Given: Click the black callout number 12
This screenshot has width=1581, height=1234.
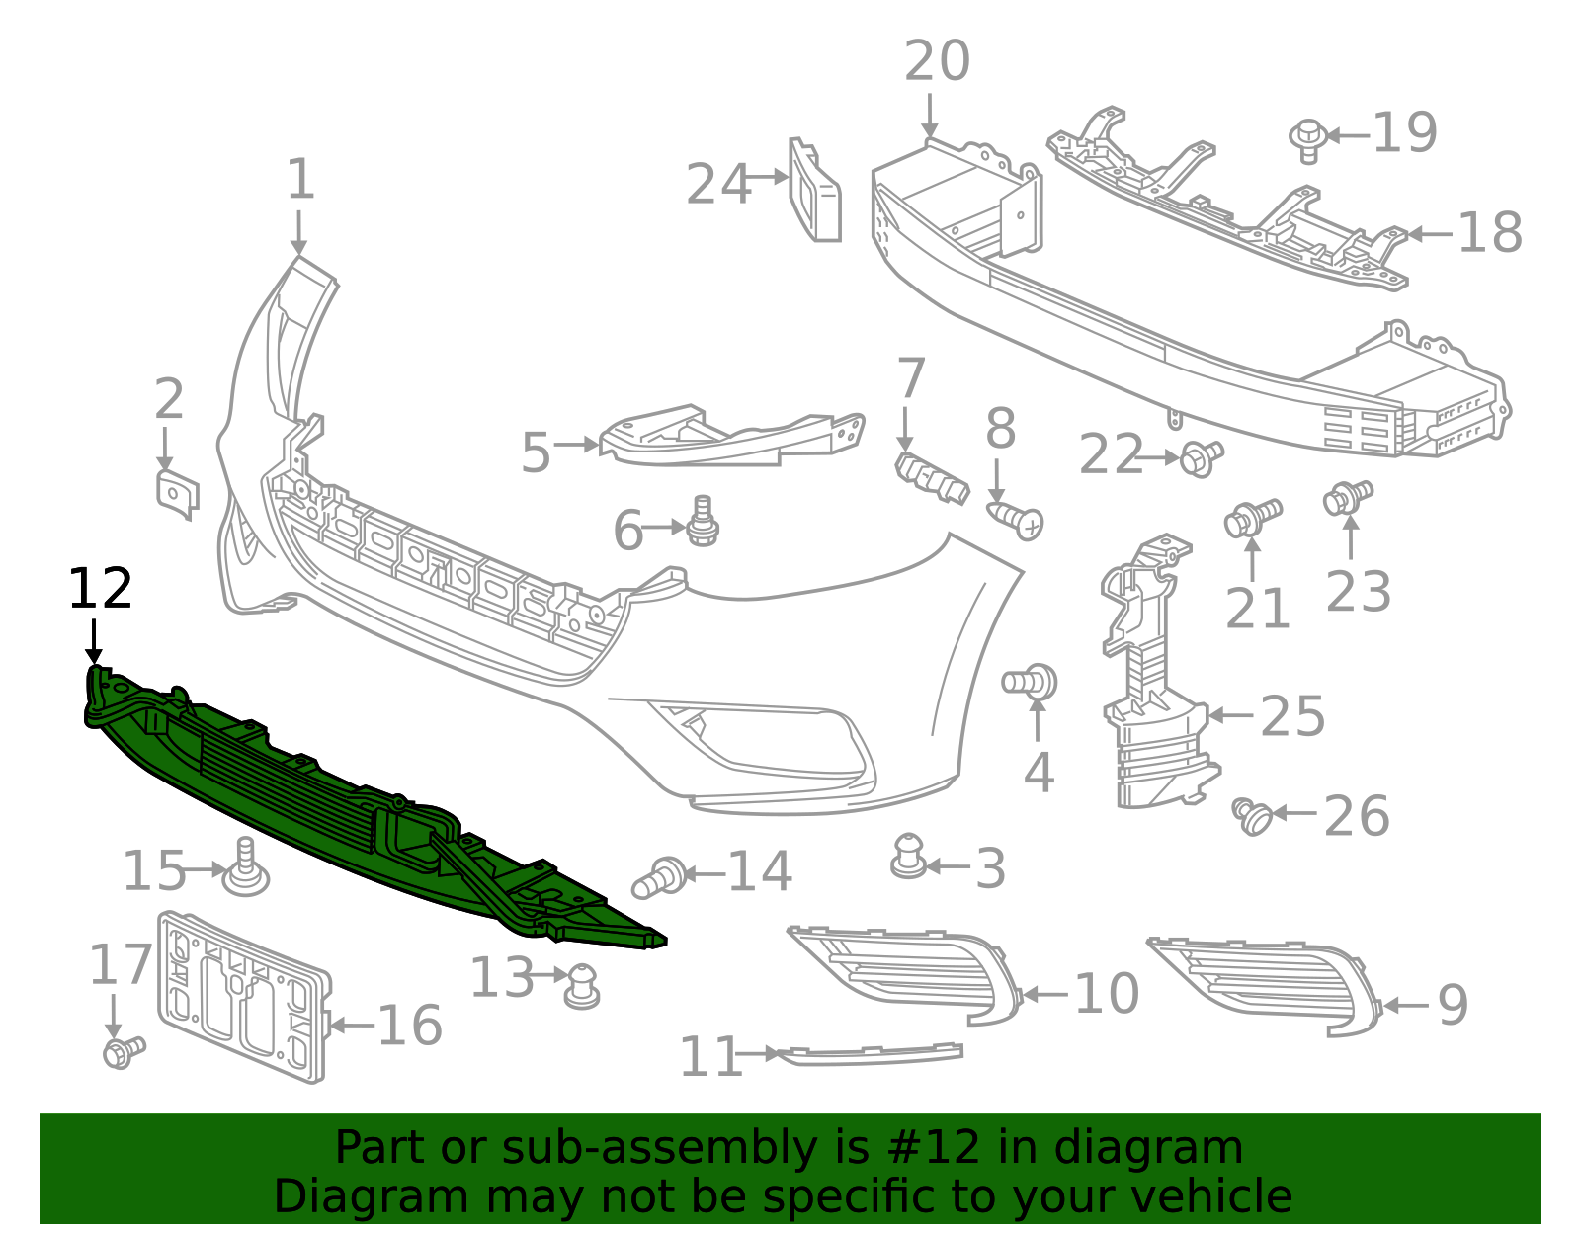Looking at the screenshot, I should (100, 590).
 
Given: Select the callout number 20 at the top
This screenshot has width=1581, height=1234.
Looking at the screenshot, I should (937, 62).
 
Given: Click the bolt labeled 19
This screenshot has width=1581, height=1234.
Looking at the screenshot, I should (1308, 139).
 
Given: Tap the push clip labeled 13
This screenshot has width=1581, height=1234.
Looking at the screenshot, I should (582, 985).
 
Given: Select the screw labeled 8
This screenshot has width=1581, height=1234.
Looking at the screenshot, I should (1015, 518).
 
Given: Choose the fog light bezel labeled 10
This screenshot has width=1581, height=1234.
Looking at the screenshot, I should (904, 973).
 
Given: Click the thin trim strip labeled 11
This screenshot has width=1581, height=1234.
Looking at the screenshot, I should (870, 1055).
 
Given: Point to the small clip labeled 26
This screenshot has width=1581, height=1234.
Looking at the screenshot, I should (1253, 816).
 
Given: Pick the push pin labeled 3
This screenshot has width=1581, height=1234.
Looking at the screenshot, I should (907, 857).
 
